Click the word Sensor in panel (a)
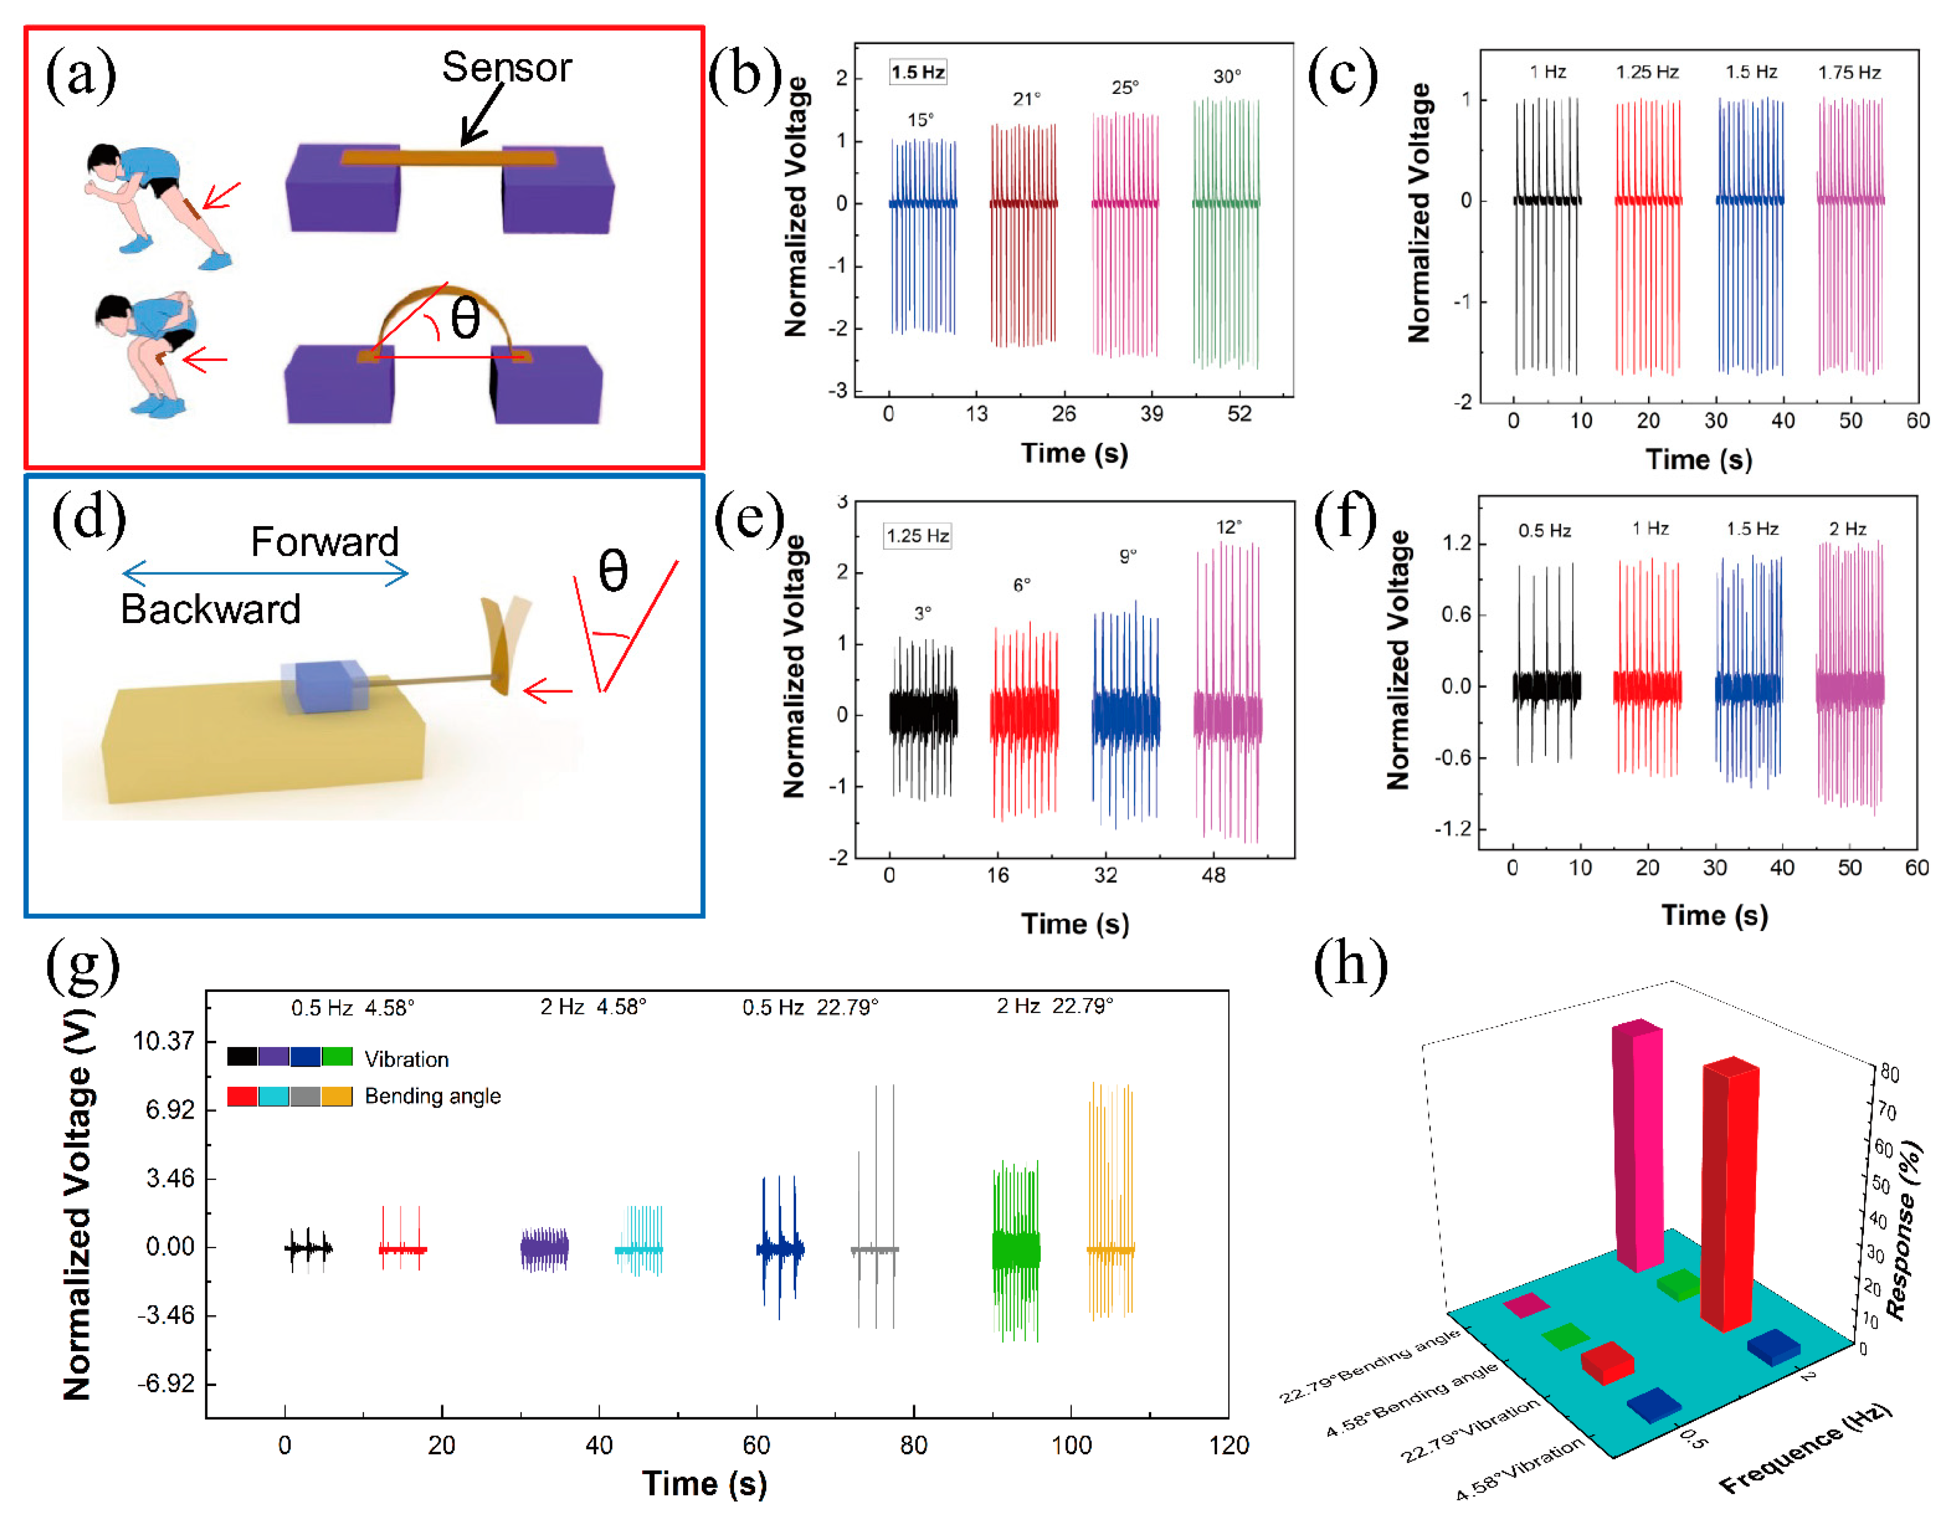[x=506, y=67]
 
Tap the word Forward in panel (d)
[x=324, y=541]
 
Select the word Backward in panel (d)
[x=211, y=609]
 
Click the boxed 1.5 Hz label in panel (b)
[x=917, y=72]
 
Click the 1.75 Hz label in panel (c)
[x=1848, y=72]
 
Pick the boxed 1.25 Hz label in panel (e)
[x=917, y=536]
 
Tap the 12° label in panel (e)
[x=1228, y=527]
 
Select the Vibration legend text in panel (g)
[x=406, y=1059]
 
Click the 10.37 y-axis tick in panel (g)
[x=163, y=1041]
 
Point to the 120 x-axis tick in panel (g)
[x=1227, y=1445]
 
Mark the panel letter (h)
[x=1350, y=965]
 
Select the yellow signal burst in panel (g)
[x=1111, y=1201]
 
